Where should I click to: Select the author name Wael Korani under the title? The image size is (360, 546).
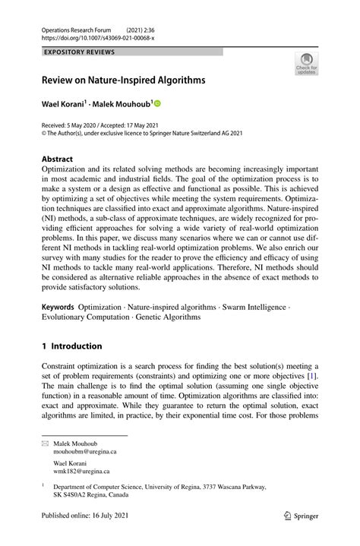(63, 103)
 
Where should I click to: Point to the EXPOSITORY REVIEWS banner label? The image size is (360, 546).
(81, 52)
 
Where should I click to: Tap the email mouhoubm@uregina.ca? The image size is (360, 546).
(84, 451)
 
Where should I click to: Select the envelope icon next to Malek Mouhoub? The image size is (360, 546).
(45, 443)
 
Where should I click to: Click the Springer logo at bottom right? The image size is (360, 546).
(302, 535)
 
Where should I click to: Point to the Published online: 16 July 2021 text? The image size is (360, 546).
(89, 535)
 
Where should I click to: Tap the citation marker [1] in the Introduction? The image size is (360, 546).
(313, 377)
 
